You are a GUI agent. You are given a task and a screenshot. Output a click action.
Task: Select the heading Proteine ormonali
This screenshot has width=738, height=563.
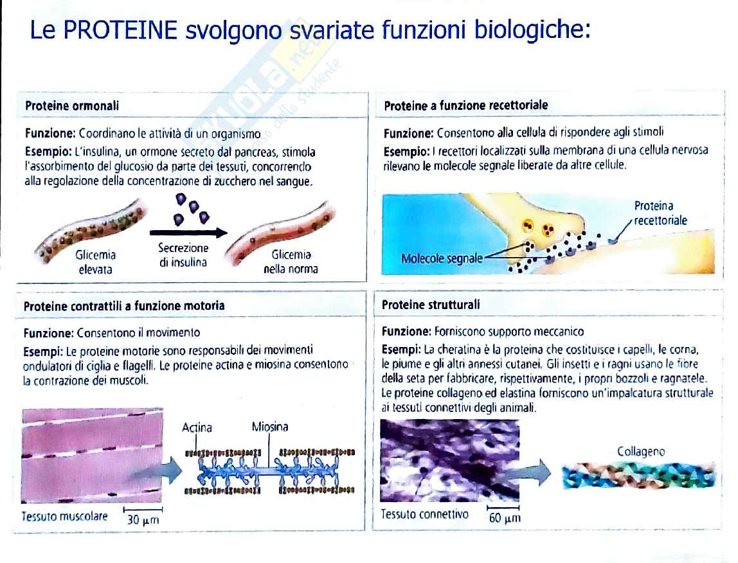click(x=72, y=105)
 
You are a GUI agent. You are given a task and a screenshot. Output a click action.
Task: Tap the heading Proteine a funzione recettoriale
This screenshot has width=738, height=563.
click(x=466, y=105)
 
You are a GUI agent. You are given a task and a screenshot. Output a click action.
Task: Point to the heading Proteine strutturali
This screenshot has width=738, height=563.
click(x=431, y=305)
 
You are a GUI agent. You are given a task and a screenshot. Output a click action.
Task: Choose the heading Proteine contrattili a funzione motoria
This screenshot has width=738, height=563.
click(x=124, y=306)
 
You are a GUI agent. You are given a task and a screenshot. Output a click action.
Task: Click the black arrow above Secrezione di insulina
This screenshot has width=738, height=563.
click(x=188, y=232)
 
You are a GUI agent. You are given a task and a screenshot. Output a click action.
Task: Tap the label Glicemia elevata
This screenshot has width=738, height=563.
click(x=96, y=262)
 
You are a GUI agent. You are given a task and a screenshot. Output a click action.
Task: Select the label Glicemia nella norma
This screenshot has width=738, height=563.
click(x=291, y=262)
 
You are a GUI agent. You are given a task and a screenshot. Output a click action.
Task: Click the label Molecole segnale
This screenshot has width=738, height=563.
click(x=442, y=258)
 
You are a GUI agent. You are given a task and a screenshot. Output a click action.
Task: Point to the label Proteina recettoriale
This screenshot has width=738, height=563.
click(x=660, y=213)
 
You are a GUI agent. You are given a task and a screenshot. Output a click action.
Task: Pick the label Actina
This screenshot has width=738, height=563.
click(x=197, y=427)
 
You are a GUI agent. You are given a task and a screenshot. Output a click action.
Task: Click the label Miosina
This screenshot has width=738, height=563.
click(x=270, y=427)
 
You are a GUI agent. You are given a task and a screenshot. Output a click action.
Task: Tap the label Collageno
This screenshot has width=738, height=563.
click(x=641, y=451)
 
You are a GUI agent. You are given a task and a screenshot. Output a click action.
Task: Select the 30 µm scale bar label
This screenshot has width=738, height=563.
click(x=143, y=520)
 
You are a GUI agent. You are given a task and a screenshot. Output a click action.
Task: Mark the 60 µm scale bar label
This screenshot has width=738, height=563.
click(x=505, y=518)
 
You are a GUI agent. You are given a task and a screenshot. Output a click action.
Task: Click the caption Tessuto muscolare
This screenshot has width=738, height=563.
click(x=64, y=516)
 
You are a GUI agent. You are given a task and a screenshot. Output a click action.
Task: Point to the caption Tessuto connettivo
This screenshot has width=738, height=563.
click(x=424, y=514)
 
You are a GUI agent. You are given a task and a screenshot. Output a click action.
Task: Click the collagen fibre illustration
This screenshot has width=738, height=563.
click(x=639, y=475)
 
